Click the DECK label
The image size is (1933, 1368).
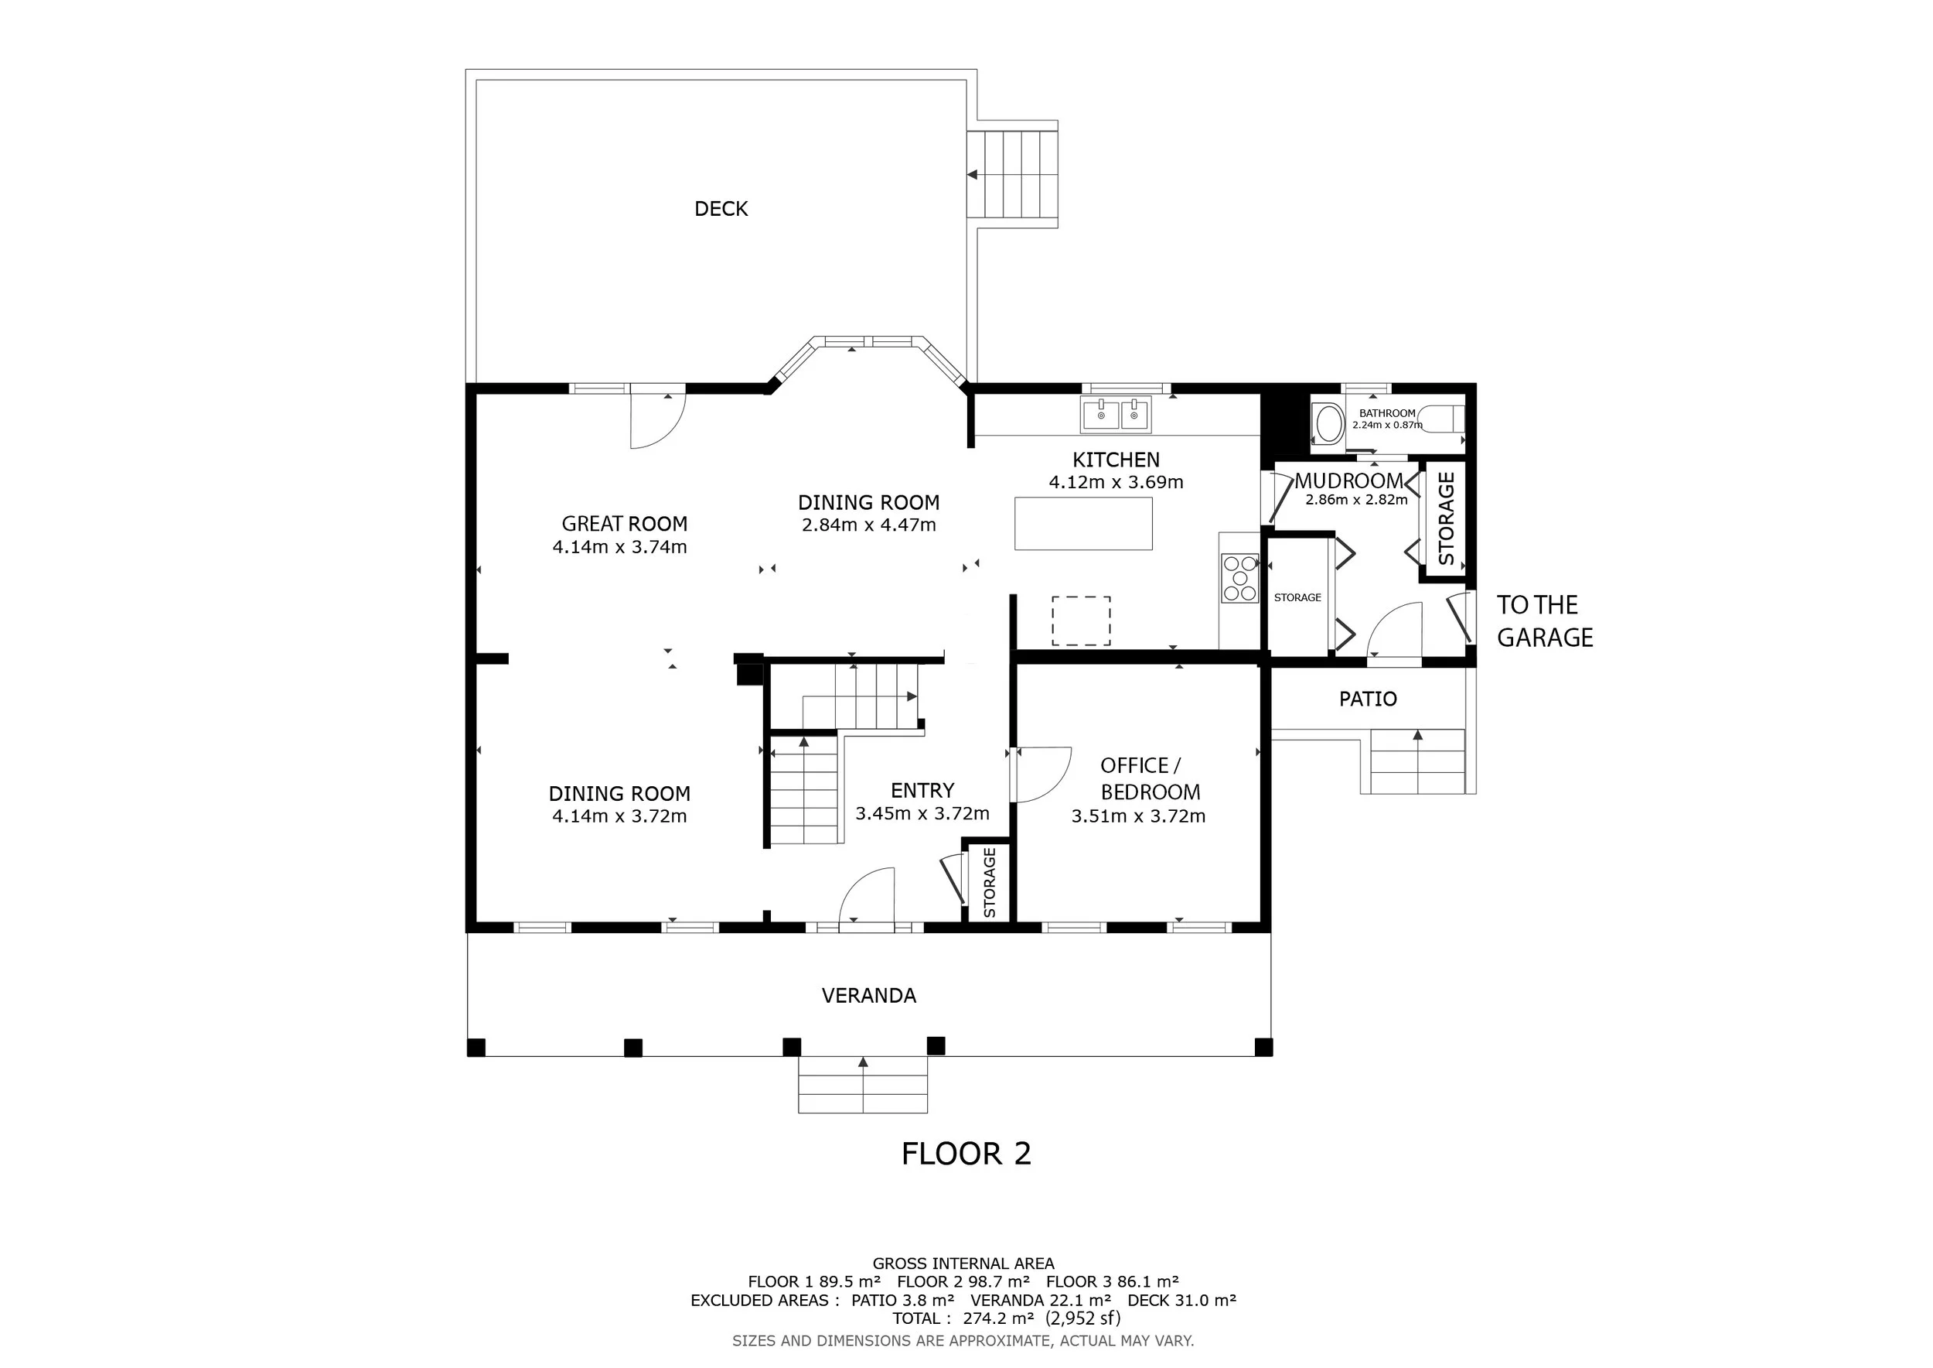721,209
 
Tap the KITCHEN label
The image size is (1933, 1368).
1116,460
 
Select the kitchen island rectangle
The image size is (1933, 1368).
1083,523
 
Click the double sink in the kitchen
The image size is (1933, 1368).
1117,415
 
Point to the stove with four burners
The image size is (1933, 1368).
1239,578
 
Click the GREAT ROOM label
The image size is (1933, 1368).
625,524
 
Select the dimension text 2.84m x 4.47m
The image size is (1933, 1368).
869,525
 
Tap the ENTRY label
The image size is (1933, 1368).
922,791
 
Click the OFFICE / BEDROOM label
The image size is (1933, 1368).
1149,778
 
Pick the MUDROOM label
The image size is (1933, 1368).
1348,481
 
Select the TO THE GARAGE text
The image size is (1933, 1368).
1545,621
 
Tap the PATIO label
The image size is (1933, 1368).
1368,699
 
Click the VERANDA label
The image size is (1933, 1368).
869,996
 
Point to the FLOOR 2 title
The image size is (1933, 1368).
966,1154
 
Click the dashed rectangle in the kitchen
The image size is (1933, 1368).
1081,621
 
